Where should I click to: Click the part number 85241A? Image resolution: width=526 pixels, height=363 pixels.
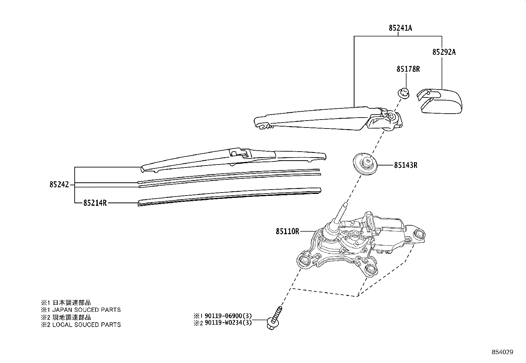(x=400, y=28)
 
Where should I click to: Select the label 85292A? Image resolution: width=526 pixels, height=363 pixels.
(x=444, y=52)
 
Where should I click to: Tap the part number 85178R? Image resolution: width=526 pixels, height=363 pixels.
(x=408, y=69)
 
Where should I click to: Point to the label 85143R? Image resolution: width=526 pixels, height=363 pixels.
(x=405, y=165)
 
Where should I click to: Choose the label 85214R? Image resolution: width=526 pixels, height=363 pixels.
(x=95, y=203)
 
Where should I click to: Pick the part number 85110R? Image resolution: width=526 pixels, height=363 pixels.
(x=287, y=232)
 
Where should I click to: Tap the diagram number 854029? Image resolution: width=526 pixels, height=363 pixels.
(x=502, y=352)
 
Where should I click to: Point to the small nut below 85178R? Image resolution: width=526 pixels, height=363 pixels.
(x=403, y=93)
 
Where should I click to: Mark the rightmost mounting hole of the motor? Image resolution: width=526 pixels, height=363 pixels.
(x=419, y=235)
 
